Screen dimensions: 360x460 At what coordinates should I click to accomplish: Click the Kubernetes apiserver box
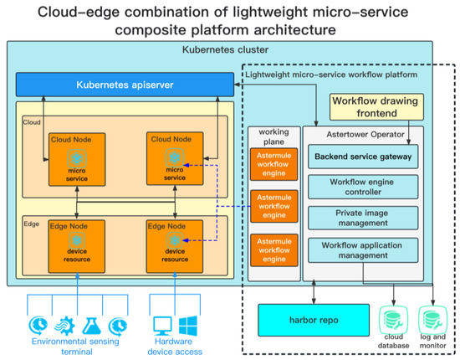tap(125, 85)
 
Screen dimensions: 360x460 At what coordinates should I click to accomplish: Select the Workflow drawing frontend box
tap(377, 105)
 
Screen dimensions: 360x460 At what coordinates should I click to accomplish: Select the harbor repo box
tap(308, 319)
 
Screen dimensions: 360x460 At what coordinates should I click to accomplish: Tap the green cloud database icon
tap(392, 321)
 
